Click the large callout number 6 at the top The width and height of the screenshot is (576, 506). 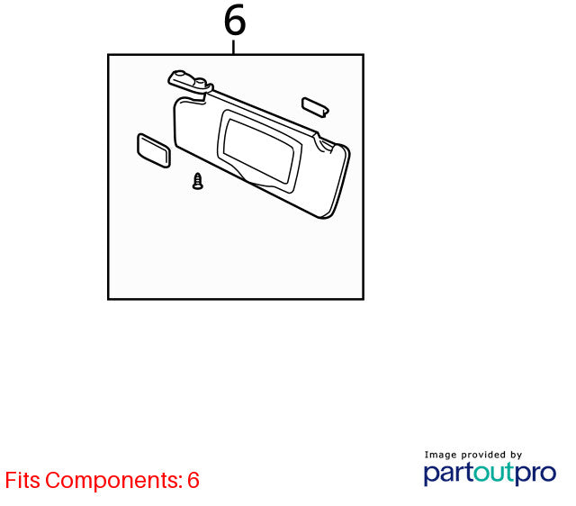coord(235,20)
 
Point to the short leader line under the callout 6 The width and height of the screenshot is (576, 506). coord(233,47)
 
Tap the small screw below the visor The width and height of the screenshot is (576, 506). coord(198,181)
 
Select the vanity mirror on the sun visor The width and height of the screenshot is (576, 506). coord(260,151)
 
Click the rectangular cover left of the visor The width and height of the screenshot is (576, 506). coord(154,150)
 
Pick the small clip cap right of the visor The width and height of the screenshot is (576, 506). coord(315,107)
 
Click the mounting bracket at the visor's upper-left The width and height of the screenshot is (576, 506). coord(190,83)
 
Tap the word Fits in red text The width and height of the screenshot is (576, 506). coord(22,480)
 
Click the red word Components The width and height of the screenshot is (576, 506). coord(114,481)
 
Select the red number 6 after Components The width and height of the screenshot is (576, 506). coord(193,480)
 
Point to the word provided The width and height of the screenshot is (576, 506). coord(483,455)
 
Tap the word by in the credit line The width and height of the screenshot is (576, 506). coord(516,456)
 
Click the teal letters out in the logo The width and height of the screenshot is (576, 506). coord(494,473)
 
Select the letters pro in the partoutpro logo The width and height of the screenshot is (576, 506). coord(535,474)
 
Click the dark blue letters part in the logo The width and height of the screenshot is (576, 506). coord(449,474)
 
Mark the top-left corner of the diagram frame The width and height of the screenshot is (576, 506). coord(108,55)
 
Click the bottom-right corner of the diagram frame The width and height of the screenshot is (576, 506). coord(364,299)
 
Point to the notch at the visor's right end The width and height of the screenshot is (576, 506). coord(324,142)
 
